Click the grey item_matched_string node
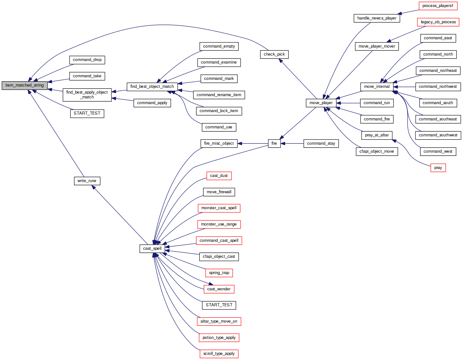click(25, 85)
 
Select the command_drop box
click(87, 60)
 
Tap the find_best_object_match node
click(152, 87)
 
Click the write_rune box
click(87, 181)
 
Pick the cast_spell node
click(152, 249)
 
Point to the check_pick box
click(274, 54)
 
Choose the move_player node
click(321, 103)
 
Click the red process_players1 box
click(437, 6)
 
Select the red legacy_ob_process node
click(438, 22)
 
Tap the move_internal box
click(377, 87)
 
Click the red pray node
click(438, 168)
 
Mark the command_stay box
click(321, 143)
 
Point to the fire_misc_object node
click(219, 143)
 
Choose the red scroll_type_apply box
click(219, 354)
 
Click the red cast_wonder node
click(219, 289)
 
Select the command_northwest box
click(437, 87)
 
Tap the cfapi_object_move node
click(377, 151)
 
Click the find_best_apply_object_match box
click(87, 95)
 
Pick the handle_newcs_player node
click(377, 18)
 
